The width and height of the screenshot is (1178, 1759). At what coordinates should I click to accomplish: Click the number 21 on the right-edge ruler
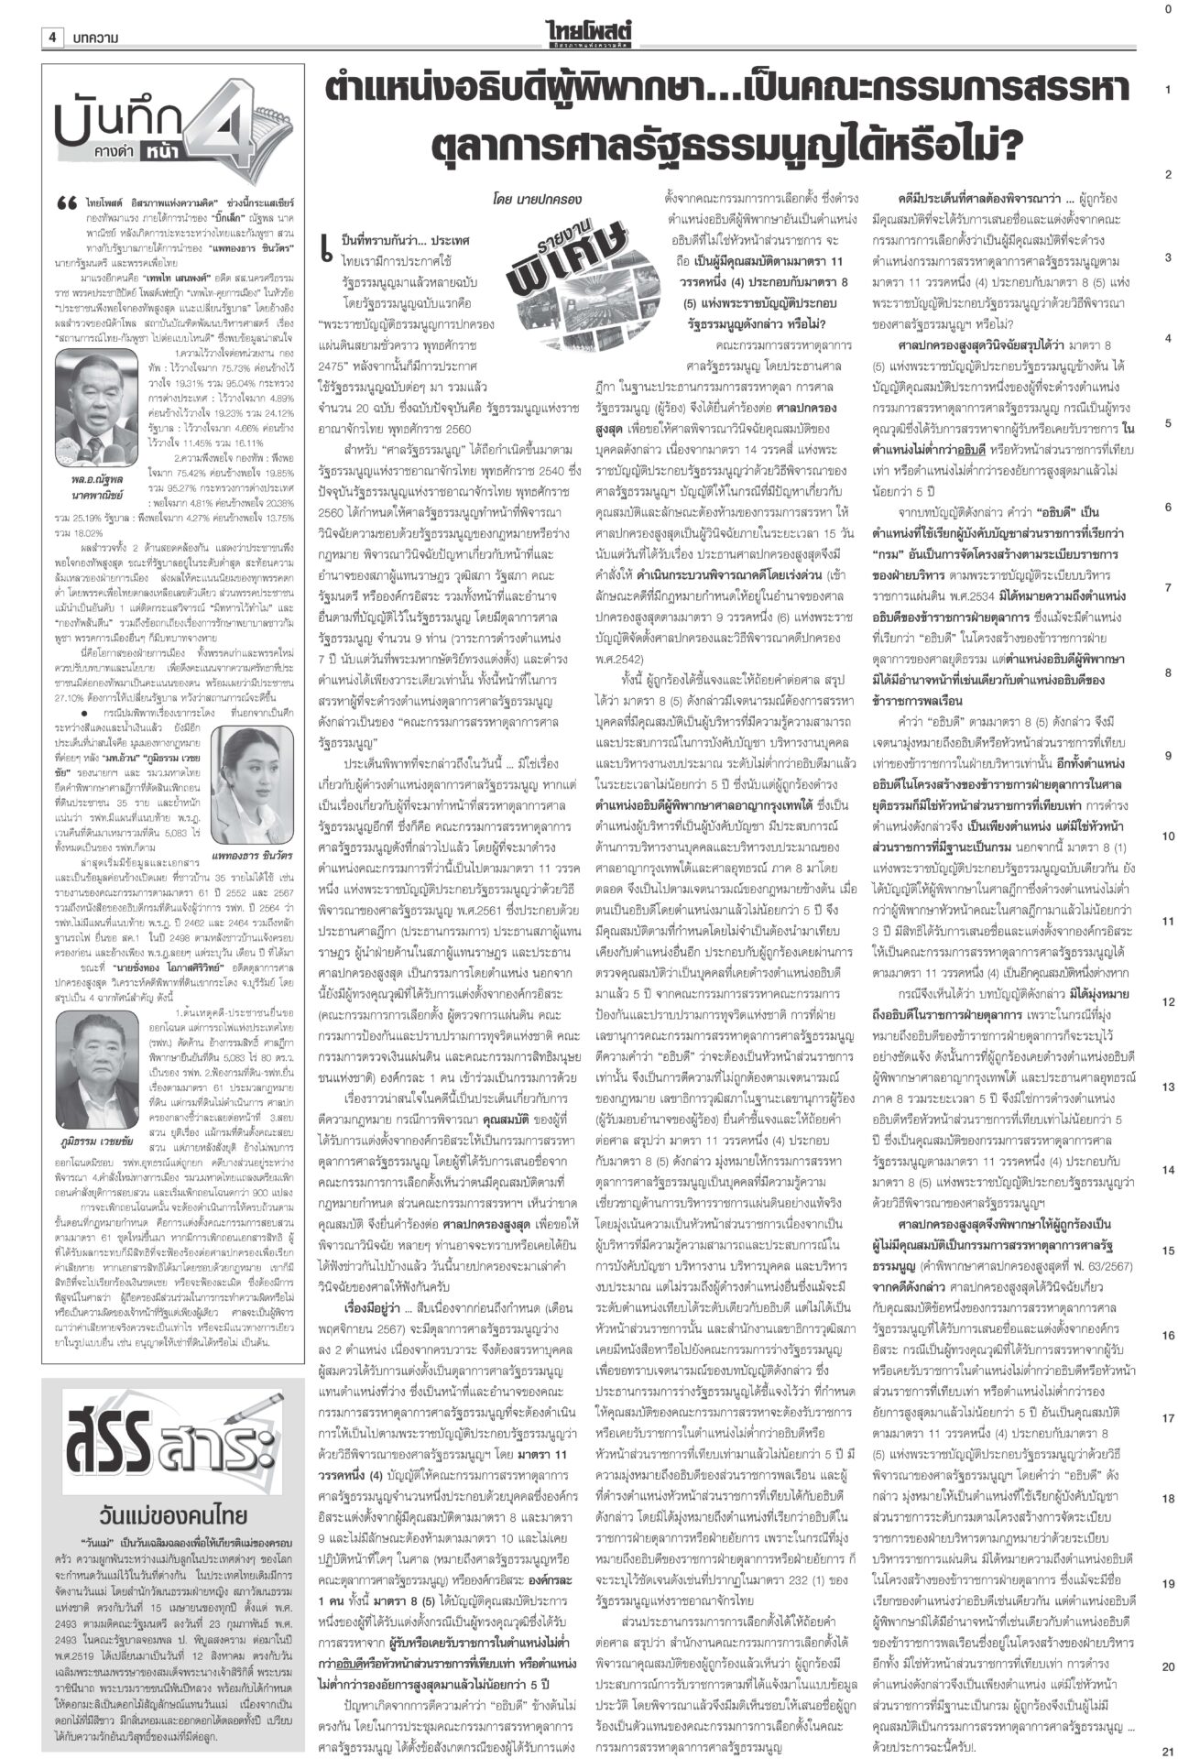tap(1166, 1747)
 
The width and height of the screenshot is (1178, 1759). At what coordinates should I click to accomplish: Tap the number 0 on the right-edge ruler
tap(1166, 8)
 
